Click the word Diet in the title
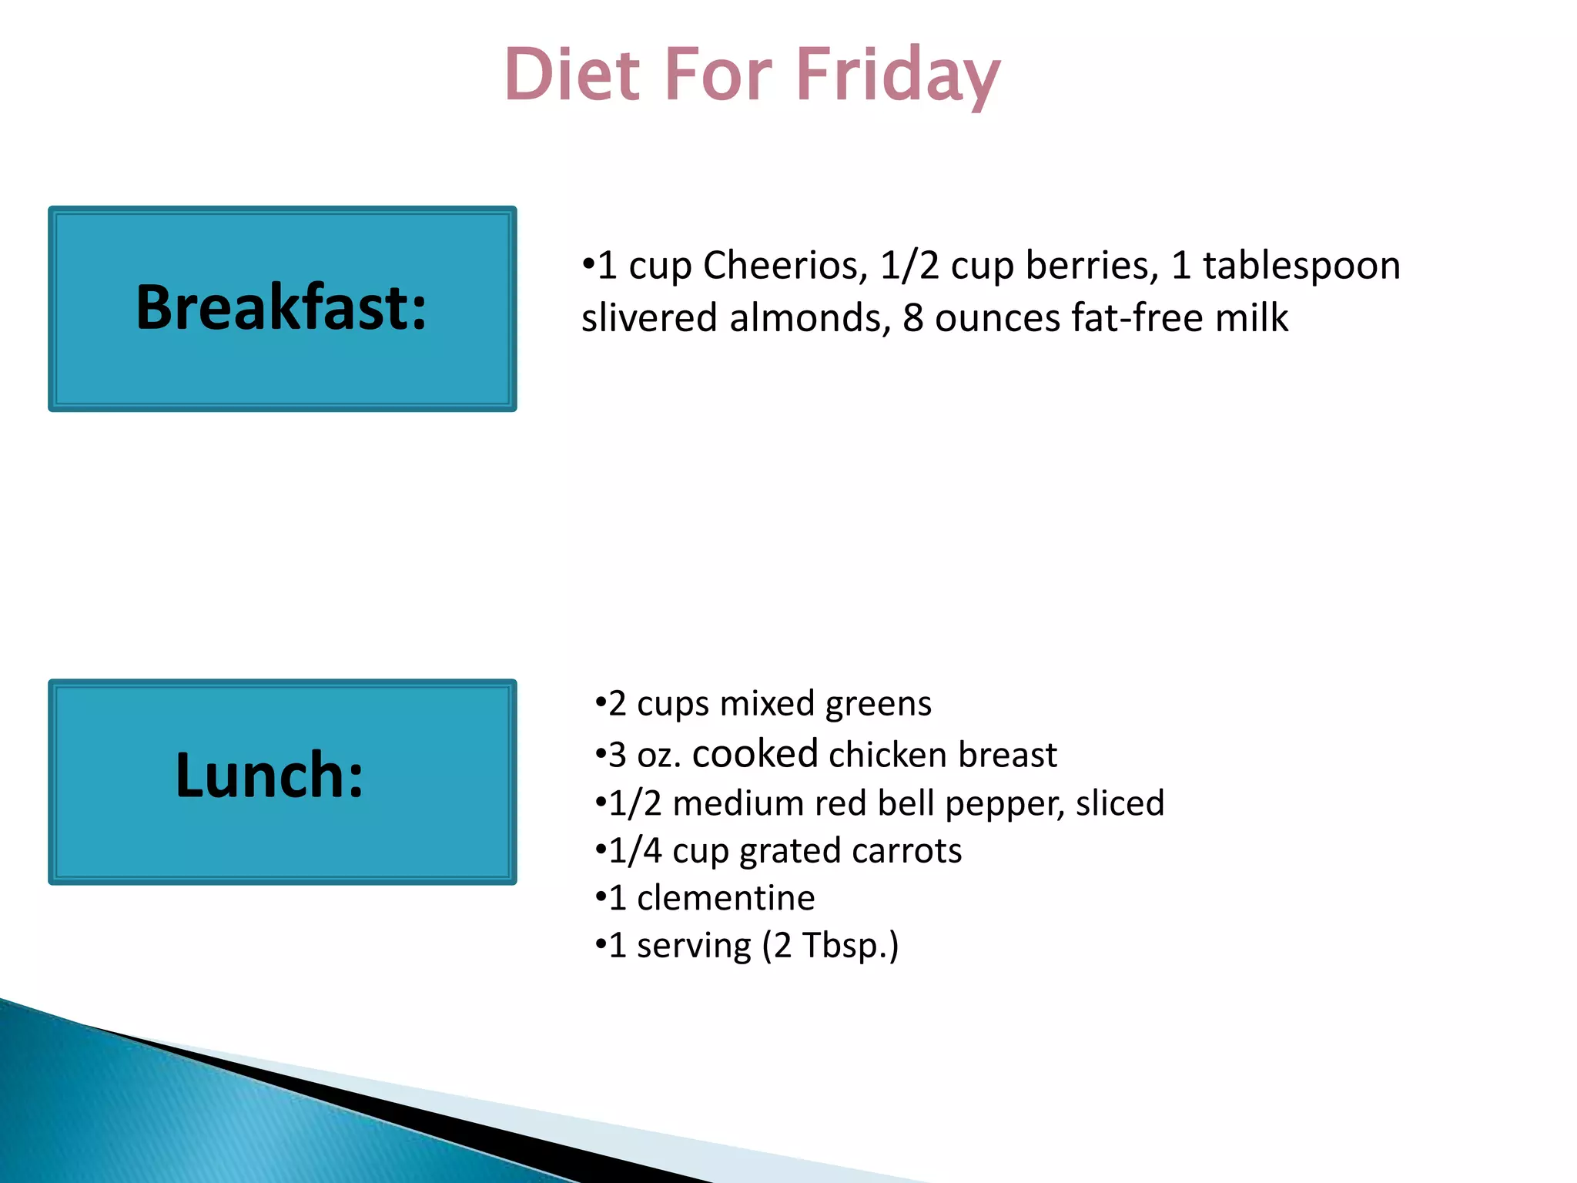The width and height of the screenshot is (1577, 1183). pos(572,75)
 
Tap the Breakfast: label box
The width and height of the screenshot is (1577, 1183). pos(282,308)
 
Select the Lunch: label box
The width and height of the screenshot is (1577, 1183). pos(282,781)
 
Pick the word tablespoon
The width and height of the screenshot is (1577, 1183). pos(1301,266)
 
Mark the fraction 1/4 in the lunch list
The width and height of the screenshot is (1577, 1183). pos(634,851)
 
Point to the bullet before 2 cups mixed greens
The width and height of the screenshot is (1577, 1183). pos(601,704)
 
